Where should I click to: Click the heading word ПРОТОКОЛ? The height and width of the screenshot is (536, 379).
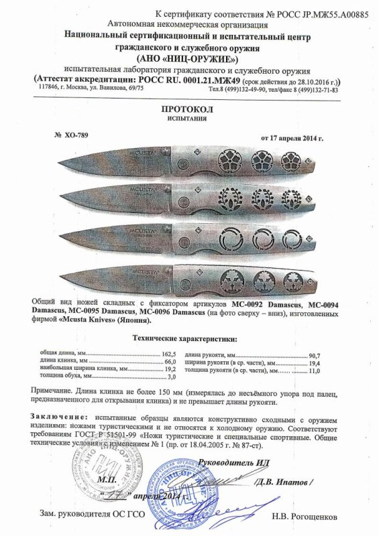click(189, 107)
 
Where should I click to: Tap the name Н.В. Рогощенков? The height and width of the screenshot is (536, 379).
click(301, 517)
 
